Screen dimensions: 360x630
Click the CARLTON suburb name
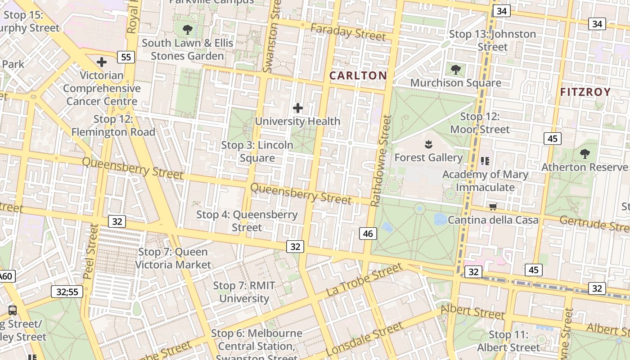(358, 76)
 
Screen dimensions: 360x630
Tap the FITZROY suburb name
(585, 92)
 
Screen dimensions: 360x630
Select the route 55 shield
(126, 57)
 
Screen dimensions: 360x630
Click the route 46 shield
(368, 233)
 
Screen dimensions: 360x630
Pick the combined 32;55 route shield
(67, 292)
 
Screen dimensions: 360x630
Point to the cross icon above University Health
(297, 108)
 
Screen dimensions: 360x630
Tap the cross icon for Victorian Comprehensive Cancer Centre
(102, 62)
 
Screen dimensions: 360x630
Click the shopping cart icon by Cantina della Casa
(493, 207)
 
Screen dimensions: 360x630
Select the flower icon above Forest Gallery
(428, 144)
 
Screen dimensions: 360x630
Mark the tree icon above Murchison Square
(455, 70)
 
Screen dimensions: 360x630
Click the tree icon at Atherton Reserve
(585, 154)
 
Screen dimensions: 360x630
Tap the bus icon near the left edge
(13, 310)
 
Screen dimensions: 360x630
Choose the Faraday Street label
(348, 32)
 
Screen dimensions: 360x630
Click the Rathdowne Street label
(381, 161)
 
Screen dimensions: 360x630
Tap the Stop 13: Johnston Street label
(492, 40)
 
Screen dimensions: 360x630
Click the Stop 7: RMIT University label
(244, 292)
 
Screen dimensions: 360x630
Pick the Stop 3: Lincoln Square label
(257, 152)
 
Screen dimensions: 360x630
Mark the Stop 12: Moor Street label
(480, 123)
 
